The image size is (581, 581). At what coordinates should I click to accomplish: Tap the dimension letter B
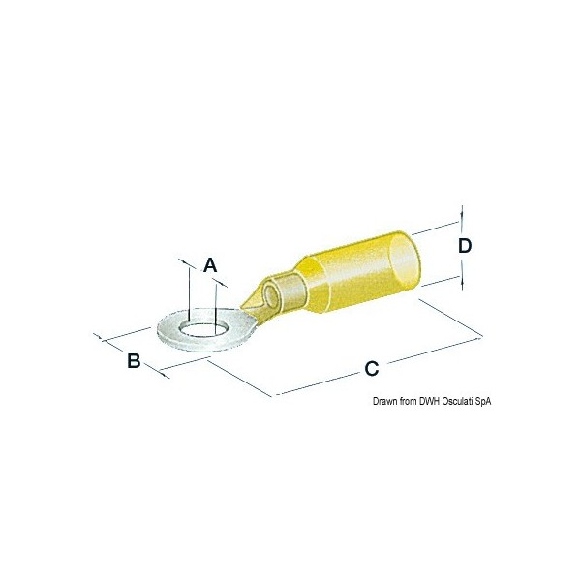(135, 361)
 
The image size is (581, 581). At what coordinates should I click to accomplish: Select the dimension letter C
(371, 368)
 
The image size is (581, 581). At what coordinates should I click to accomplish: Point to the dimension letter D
(464, 246)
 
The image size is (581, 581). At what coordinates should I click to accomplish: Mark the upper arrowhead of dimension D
(462, 212)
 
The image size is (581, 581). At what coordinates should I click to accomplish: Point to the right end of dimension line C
(481, 336)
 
